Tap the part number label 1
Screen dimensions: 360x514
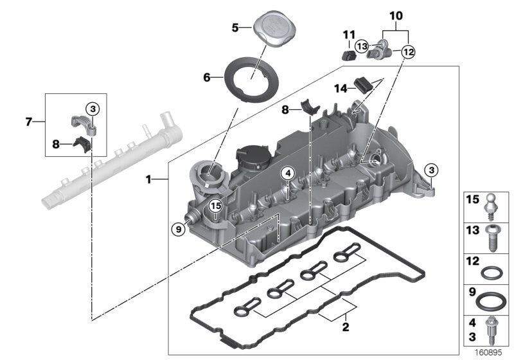pyautogui.click(x=148, y=180)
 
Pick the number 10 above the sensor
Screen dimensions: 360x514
pyautogui.click(x=396, y=14)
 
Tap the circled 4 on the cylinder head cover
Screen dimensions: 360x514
pyautogui.click(x=287, y=173)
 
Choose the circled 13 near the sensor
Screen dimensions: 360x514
pyautogui.click(x=362, y=46)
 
